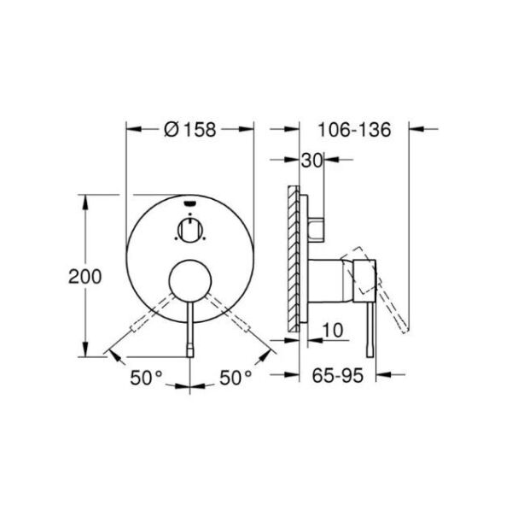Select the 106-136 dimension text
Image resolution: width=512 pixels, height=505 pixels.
[x=354, y=130]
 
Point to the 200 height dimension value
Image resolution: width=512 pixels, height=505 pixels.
[x=85, y=276]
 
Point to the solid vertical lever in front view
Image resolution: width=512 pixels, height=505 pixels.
[x=189, y=325]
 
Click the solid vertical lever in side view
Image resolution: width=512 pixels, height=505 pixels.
[x=369, y=325]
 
